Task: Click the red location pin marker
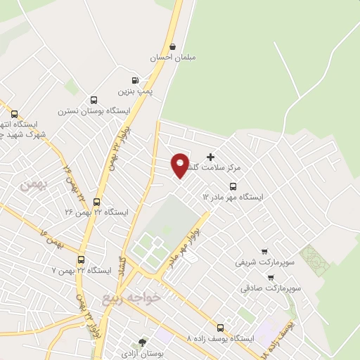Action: (180, 165)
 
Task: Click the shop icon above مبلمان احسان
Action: (172, 46)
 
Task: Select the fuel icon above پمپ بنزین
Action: (134, 80)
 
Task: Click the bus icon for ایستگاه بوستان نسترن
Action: (93, 99)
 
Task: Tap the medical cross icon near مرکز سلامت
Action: (210, 155)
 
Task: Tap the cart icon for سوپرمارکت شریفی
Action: (264, 251)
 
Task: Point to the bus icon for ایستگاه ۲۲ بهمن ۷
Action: (81, 259)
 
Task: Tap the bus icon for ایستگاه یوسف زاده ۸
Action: (221, 327)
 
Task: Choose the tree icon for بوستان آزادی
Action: (143, 343)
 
